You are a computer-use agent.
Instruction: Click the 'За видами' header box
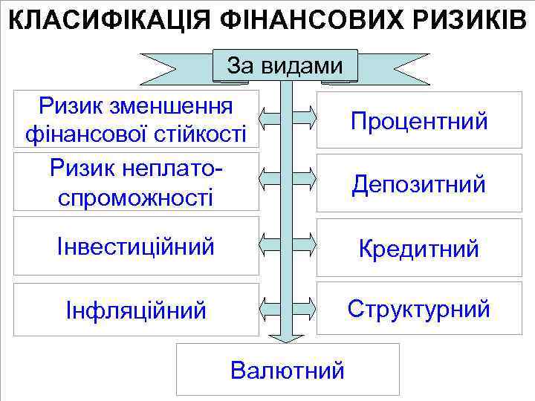[285, 65]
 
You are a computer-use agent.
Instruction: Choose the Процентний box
[419, 120]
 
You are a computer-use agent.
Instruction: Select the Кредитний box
[419, 248]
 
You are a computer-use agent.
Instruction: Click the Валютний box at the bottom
[288, 369]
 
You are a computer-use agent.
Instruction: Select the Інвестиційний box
[135, 246]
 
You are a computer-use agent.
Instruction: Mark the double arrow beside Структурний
[288, 305]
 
